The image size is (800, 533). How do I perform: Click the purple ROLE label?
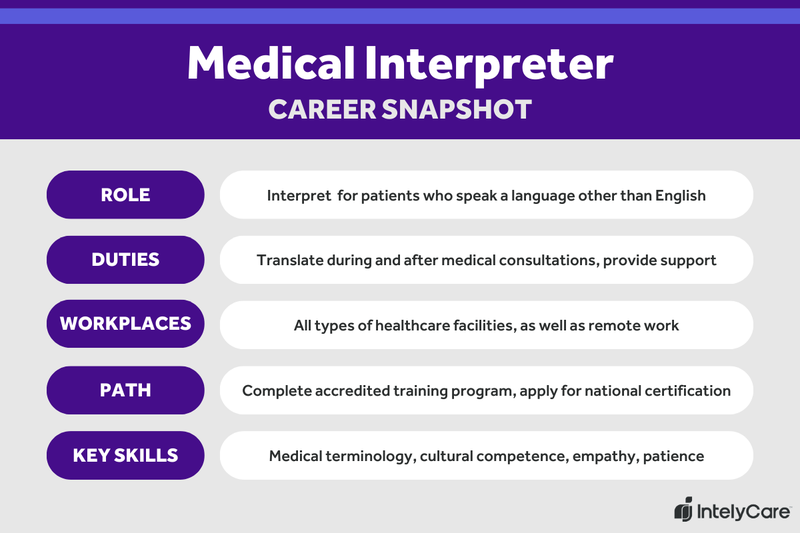[125, 195]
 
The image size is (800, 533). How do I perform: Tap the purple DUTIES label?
[125, 260]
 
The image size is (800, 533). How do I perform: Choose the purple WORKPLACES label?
[125, 325]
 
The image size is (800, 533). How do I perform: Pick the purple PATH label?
[125, 390]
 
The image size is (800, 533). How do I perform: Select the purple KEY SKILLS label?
[125, 456]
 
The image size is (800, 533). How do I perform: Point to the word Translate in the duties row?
[290, 260]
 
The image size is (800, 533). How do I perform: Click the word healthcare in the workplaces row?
[427, 325]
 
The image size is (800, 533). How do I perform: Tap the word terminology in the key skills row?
[373, 456]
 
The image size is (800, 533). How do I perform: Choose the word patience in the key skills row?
[673, 456]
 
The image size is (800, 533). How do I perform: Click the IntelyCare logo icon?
[684, 509]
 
